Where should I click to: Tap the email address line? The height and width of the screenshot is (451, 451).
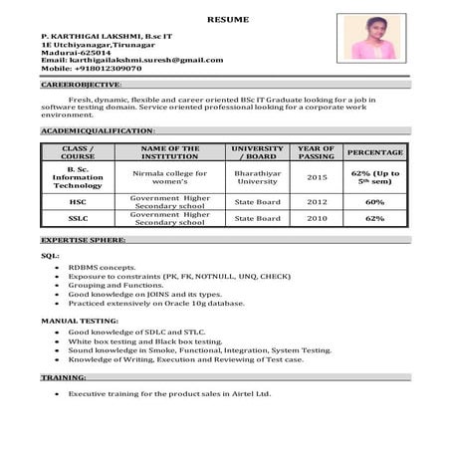pyautogui.click(x=132, y=60)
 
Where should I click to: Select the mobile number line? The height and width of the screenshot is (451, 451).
pyautogui.click(x=92, y=69)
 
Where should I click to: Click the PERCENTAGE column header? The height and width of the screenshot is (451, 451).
pyautogui.click(x=374, y=152)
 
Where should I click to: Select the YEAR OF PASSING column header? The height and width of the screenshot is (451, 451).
pyautogui.click(x=316, y=152)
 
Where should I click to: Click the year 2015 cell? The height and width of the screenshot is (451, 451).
pyautogui.click(x=316, y=177)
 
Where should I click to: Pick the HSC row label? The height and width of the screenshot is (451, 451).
pyautogui.click(x=78, y=201)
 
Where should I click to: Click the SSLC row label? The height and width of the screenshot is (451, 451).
pyautogui.click(x=78, y=218)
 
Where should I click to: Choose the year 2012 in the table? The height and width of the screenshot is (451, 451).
pyautogui.click(x=316, y=201)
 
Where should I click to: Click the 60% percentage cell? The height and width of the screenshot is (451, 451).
pyautogui.click(x=374, y=201)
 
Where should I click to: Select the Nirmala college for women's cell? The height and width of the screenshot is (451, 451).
pyautogui.click(x=169, y=177)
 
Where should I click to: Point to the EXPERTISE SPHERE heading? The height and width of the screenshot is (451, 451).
pyautogui.click(x=84, y=240)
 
